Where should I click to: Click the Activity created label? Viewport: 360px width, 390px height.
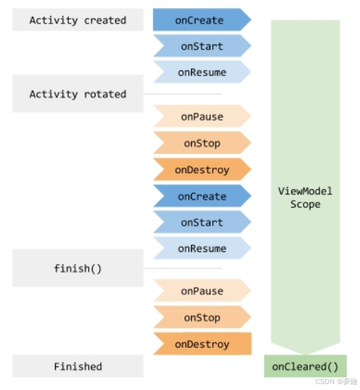tap(78, 20)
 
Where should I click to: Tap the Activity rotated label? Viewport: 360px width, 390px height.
tap(78, 94)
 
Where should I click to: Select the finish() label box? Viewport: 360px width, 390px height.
tap(78, 268)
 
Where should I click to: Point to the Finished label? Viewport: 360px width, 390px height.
tap(78, 366)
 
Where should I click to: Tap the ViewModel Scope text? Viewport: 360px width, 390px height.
tap(304, 197)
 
